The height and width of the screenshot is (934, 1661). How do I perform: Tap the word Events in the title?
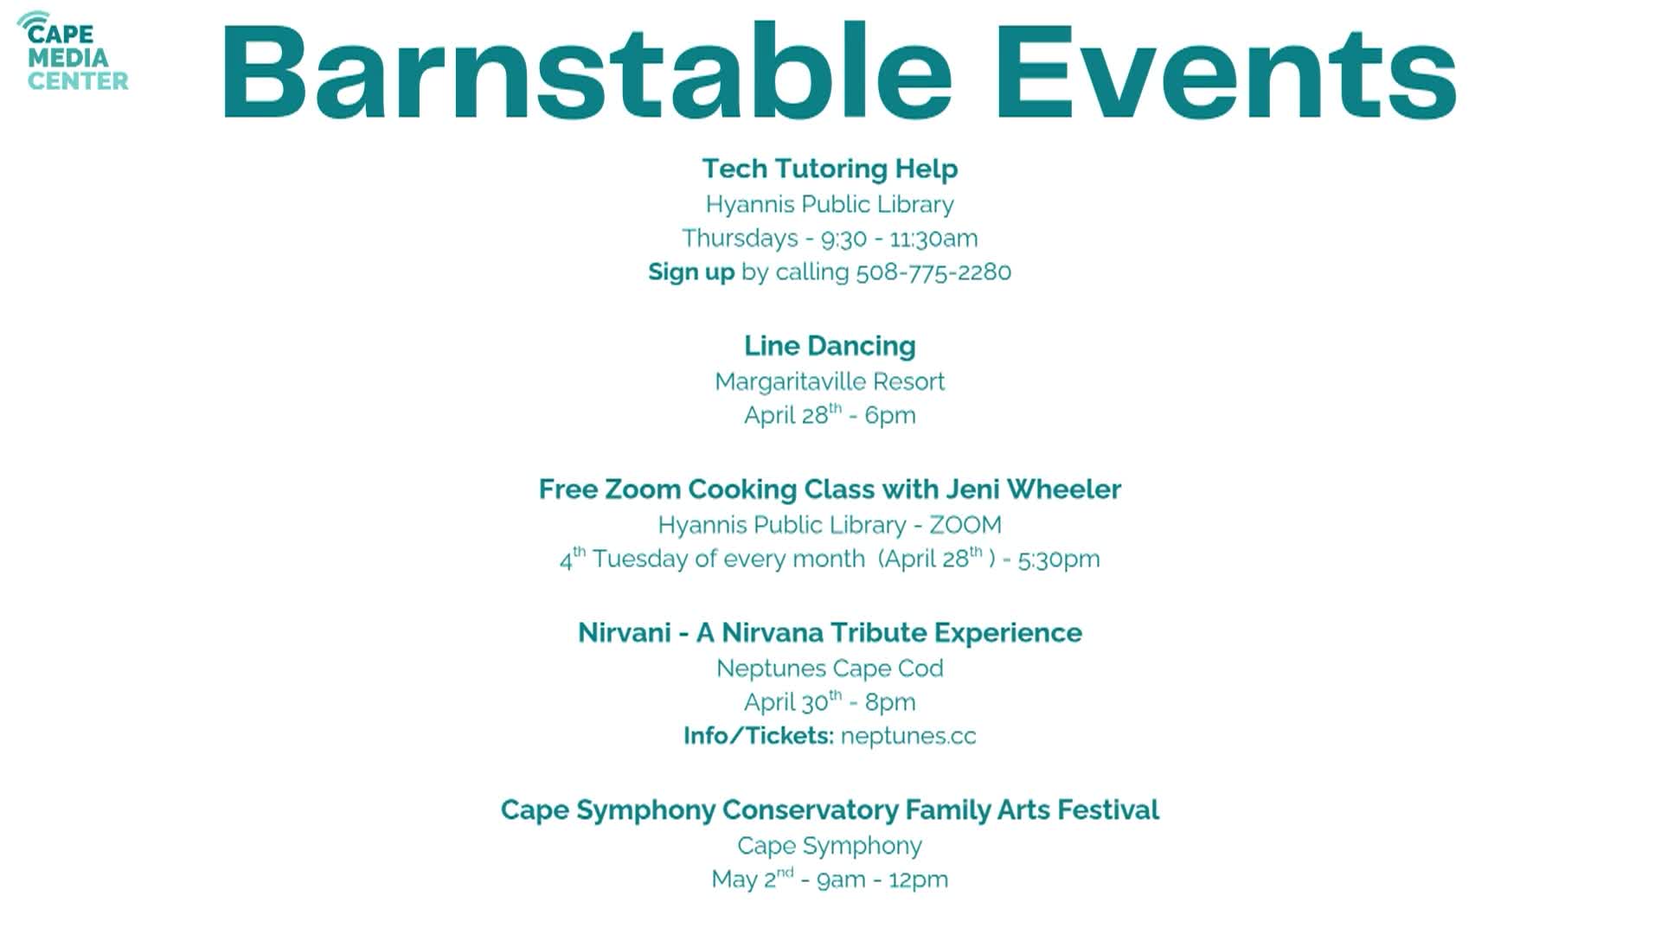click(1227, 74)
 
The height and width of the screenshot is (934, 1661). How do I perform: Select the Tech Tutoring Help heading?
click(830, 169)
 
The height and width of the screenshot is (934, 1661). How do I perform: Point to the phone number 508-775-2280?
click(933, 272)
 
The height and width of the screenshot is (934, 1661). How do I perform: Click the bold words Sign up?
click(691, 272)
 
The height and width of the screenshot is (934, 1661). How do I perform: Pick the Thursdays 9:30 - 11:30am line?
click(830, 239)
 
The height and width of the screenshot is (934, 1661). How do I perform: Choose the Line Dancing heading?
click(830, 346)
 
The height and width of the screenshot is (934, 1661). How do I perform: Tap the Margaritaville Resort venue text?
click(830, 381)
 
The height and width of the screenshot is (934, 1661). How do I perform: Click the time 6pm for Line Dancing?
click(890, 416)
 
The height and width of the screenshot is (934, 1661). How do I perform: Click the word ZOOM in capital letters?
click(965, 525)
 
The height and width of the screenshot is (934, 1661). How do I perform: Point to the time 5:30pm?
click(1059, 560)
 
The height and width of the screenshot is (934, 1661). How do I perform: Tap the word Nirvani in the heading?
click(625, 633)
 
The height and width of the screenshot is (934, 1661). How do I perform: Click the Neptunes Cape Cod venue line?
click(830, 669)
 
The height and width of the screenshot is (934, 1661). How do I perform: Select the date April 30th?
click(792, 702)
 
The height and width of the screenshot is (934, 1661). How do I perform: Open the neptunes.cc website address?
click(908, 736)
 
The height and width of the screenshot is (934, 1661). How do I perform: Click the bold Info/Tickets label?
click(758, 736)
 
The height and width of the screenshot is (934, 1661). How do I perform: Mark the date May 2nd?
click(751, 880)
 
